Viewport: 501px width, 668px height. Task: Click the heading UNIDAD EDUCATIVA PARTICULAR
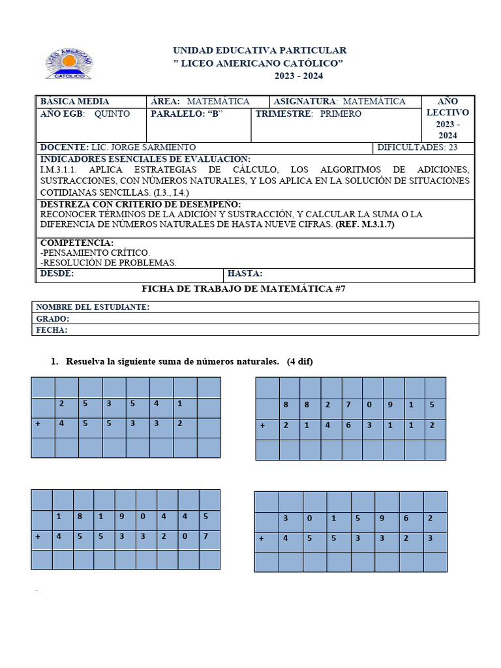(x=259, y=50)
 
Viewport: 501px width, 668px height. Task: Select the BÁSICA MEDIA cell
(x=74, y=101)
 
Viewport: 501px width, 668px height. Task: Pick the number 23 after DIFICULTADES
(x=453, y=147)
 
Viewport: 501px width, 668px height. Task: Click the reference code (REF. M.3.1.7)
(x=365, y=225)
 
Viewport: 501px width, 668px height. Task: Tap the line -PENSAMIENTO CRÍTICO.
(x=95, y=252)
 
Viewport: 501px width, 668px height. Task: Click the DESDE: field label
(x=57, y=273)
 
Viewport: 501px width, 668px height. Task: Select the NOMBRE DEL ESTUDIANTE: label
(x=93, y=307)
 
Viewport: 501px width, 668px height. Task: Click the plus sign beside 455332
(x=38, y=423)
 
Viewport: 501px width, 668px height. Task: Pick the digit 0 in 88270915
(x=369, y=404)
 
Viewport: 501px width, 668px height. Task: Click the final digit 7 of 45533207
(x=205, y=537)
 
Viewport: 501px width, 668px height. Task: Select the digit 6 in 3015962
(x=404, y=519)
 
